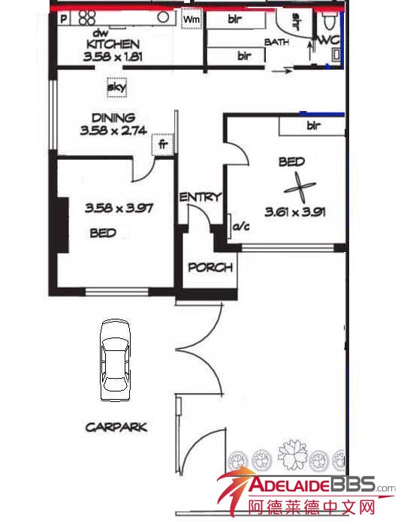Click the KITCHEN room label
click(x=113, y=44)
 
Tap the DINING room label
click(x=113, y=118)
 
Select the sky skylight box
click(x=116, y=87)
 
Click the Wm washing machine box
click(x=191, y=19)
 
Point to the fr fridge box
click(x=163, y=145)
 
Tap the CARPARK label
click(x=116, y=427)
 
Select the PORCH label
click(x=210, y=267)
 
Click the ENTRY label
click(x=200, y=197)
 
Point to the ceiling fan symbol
click(x=300, y=187)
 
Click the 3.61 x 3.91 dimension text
click(x=295, y=211)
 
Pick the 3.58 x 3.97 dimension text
click(x=119, y=208)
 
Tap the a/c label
click(x=240, y=226)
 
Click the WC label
click(x=329, y=40)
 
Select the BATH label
click(x=276, y=42)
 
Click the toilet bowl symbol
click(x=330, y=21)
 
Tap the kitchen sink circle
click(x=163, y=17)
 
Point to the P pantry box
click(x=64, y=18)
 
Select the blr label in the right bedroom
click(x=314, y=125)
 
